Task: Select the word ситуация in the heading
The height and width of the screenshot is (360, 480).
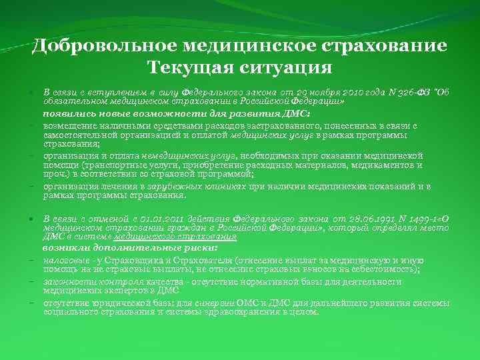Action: pos(289,67)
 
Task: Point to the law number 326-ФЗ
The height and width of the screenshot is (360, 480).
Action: pos(411,91)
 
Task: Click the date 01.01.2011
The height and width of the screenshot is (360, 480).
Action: pos(158,219)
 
